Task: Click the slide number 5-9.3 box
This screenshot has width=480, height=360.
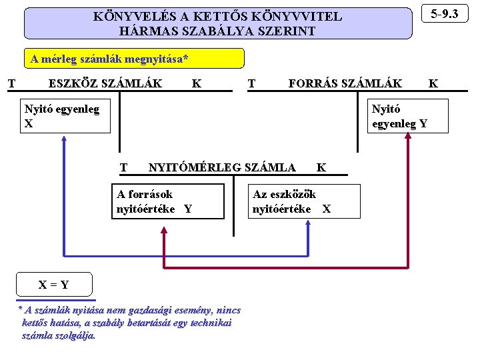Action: click(449, 14)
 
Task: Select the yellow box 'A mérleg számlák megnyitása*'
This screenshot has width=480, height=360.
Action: click(109, 59)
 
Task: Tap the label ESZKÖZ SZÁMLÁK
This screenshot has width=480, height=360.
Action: click(105, 83)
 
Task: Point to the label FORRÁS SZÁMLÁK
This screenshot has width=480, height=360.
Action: click(345, 83)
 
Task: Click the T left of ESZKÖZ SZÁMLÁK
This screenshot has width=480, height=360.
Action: click(11, 83)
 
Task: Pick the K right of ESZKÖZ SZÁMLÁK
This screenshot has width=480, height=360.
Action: click(197, 83)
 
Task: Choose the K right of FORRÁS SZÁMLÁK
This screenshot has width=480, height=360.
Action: click(433, 83)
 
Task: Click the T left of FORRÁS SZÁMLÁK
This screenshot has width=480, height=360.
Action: click(251, 83)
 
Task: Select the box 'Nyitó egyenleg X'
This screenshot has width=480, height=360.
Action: click(65, 116)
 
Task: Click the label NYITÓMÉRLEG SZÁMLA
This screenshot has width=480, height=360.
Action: click(221, 167)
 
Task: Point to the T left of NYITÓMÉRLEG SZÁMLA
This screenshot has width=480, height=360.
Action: click(123, 167)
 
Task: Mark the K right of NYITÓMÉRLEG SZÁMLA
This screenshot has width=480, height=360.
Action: click(321, 167)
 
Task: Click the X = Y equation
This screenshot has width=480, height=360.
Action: click(53, 285)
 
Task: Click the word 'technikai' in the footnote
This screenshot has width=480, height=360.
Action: click(208, 323)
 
